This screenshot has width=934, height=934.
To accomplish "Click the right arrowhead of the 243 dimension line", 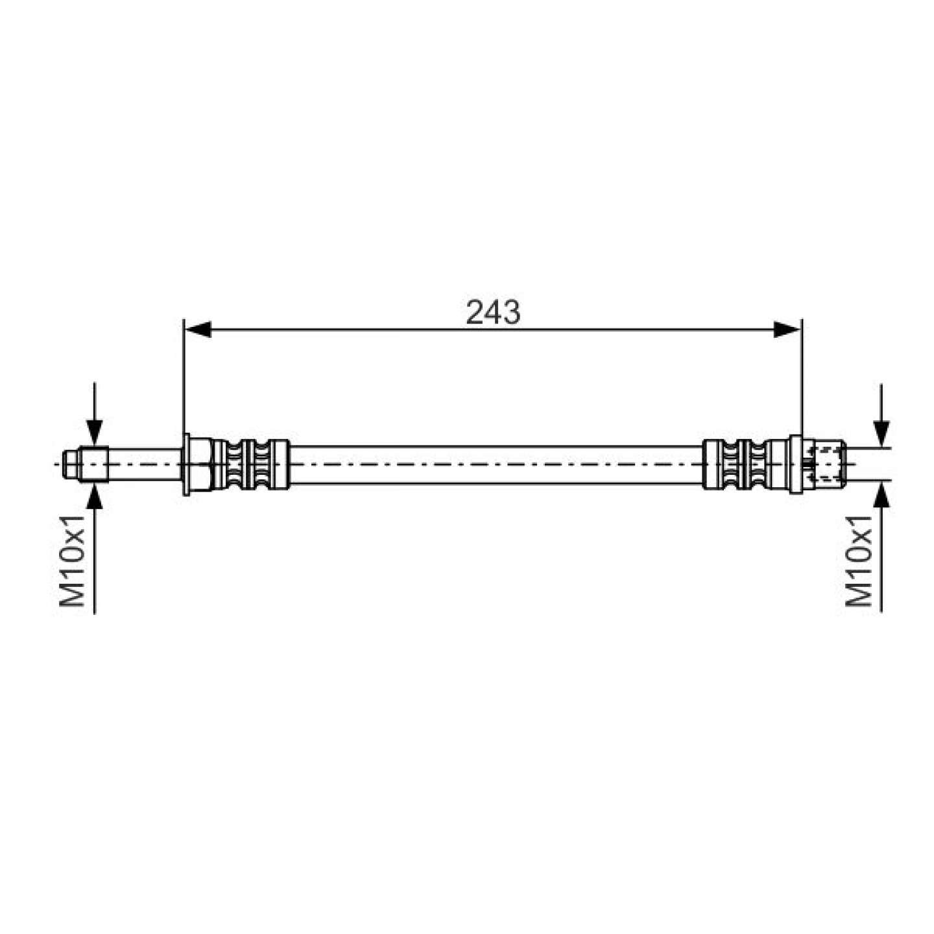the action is (787, 329).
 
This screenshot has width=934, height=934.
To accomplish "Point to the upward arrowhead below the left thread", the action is (95, 495).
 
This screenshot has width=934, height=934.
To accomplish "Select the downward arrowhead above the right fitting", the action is (881, 435).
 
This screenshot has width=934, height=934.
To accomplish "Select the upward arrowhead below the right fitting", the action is (881, 496).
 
